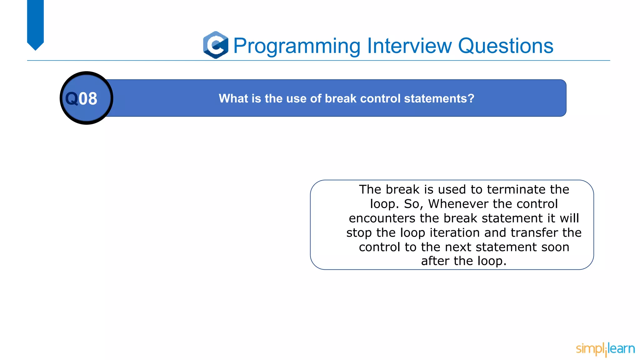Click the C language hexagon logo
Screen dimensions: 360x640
point(216,45)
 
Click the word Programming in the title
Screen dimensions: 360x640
point(297,46)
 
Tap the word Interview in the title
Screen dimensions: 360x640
point(409,46)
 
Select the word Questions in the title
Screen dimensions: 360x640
point(505,46)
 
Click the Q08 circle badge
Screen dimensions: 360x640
point(86,98)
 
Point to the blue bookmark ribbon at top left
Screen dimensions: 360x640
point(35,23)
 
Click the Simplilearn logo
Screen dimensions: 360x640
point(605,349)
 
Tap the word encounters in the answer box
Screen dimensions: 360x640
point(382,218)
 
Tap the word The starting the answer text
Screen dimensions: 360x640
point(370,189)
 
